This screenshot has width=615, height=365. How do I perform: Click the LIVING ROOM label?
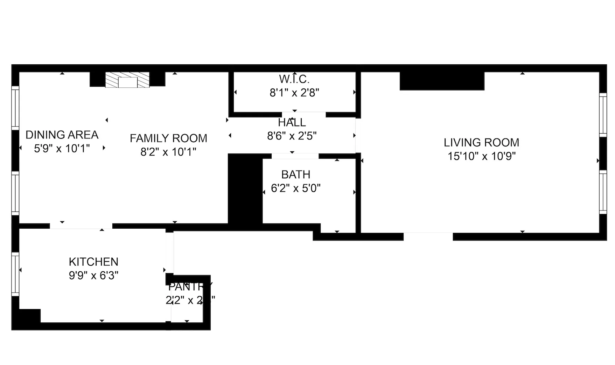(x=481, y=143)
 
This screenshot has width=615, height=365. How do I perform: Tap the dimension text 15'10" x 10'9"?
(x=481, y=156)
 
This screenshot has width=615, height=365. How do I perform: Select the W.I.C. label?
(x=294, y=79)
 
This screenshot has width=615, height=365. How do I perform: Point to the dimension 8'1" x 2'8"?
(x=294, y=93)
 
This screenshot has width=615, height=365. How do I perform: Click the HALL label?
(x=292, y=123)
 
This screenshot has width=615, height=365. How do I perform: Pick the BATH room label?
(x=296, y=174)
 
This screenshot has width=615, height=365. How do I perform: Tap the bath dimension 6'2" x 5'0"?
(x=296, y=188)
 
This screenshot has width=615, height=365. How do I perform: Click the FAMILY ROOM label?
(x=168, y=138)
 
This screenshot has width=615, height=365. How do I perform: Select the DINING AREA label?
(x=62, y=135)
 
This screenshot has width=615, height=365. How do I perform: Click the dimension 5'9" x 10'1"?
(x=62, y=149)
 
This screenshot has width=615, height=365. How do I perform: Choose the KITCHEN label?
(x=93, y=262)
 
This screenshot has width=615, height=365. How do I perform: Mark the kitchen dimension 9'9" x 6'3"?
(x=93, y=275)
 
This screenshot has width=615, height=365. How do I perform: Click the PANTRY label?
(x=190, y=287)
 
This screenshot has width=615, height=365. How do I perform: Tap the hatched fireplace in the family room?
(x=127, y=80)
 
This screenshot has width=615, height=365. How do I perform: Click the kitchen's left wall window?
(x=15, y=274)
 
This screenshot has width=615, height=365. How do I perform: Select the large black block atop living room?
(x=442, y=81)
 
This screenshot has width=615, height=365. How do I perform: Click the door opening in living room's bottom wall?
(x=428, y=236)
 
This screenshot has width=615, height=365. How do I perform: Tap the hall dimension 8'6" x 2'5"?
(x=292, y=136)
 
